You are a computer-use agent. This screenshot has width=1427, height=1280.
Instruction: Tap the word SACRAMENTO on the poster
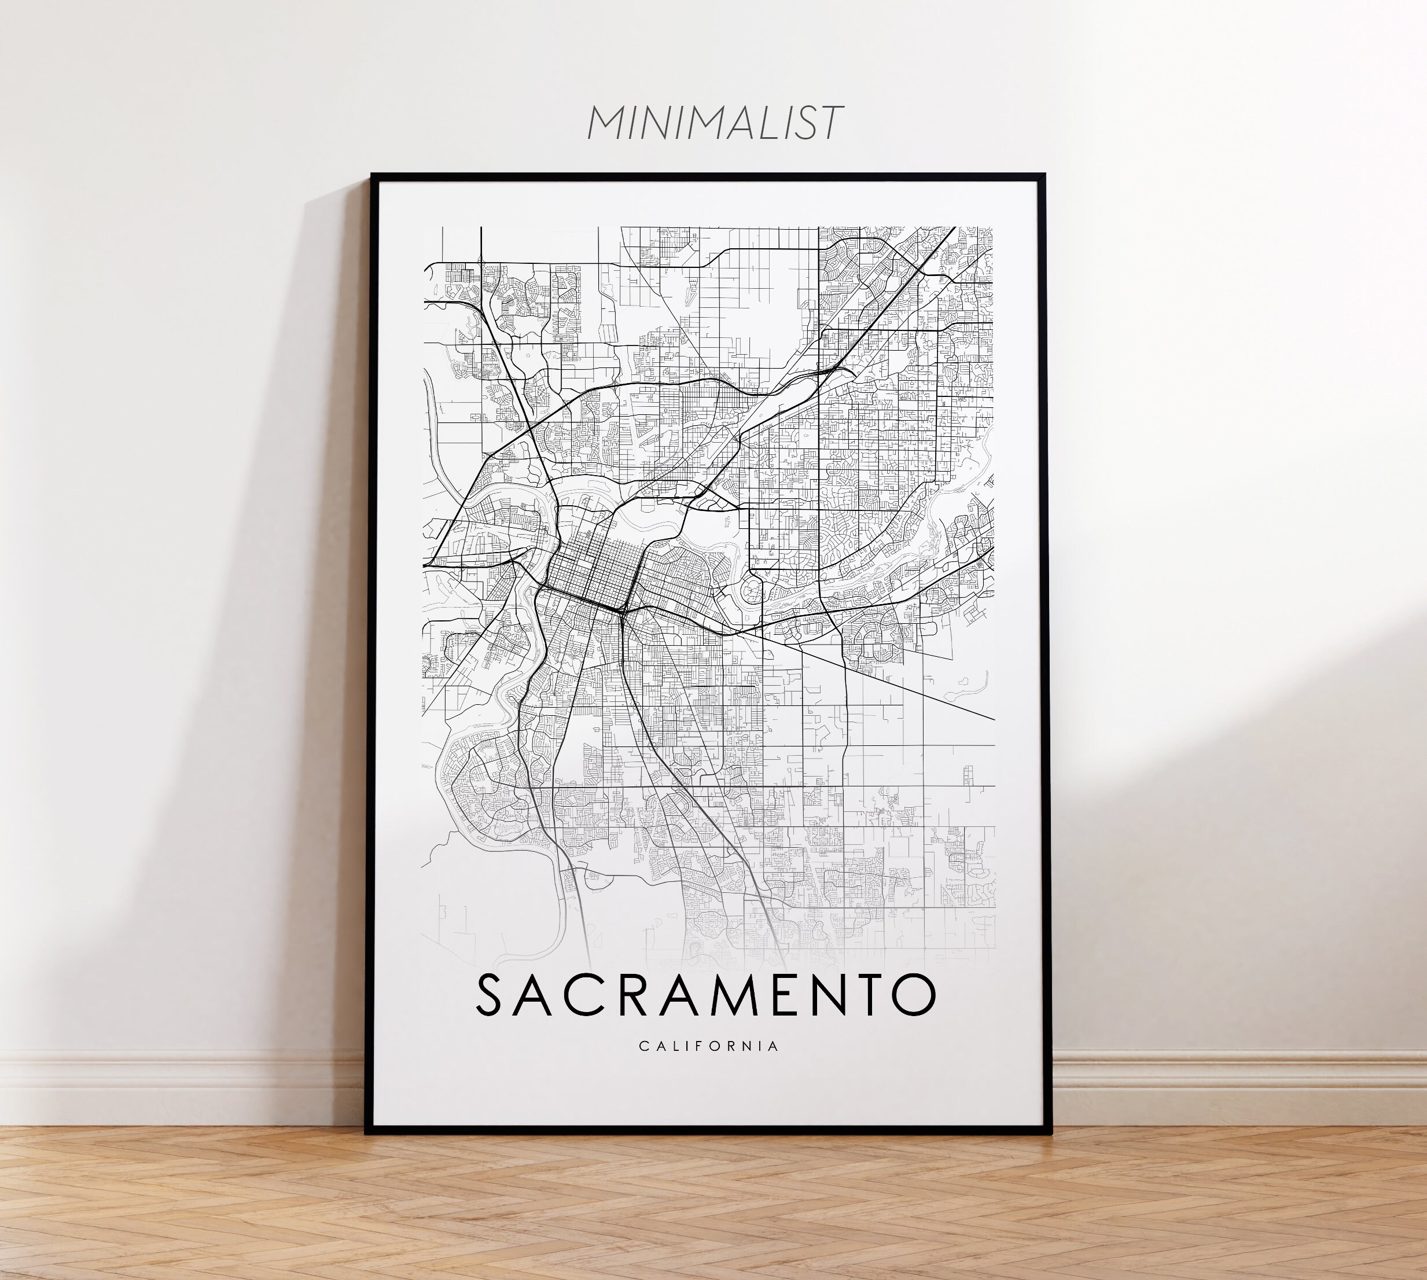tap(706, 995)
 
